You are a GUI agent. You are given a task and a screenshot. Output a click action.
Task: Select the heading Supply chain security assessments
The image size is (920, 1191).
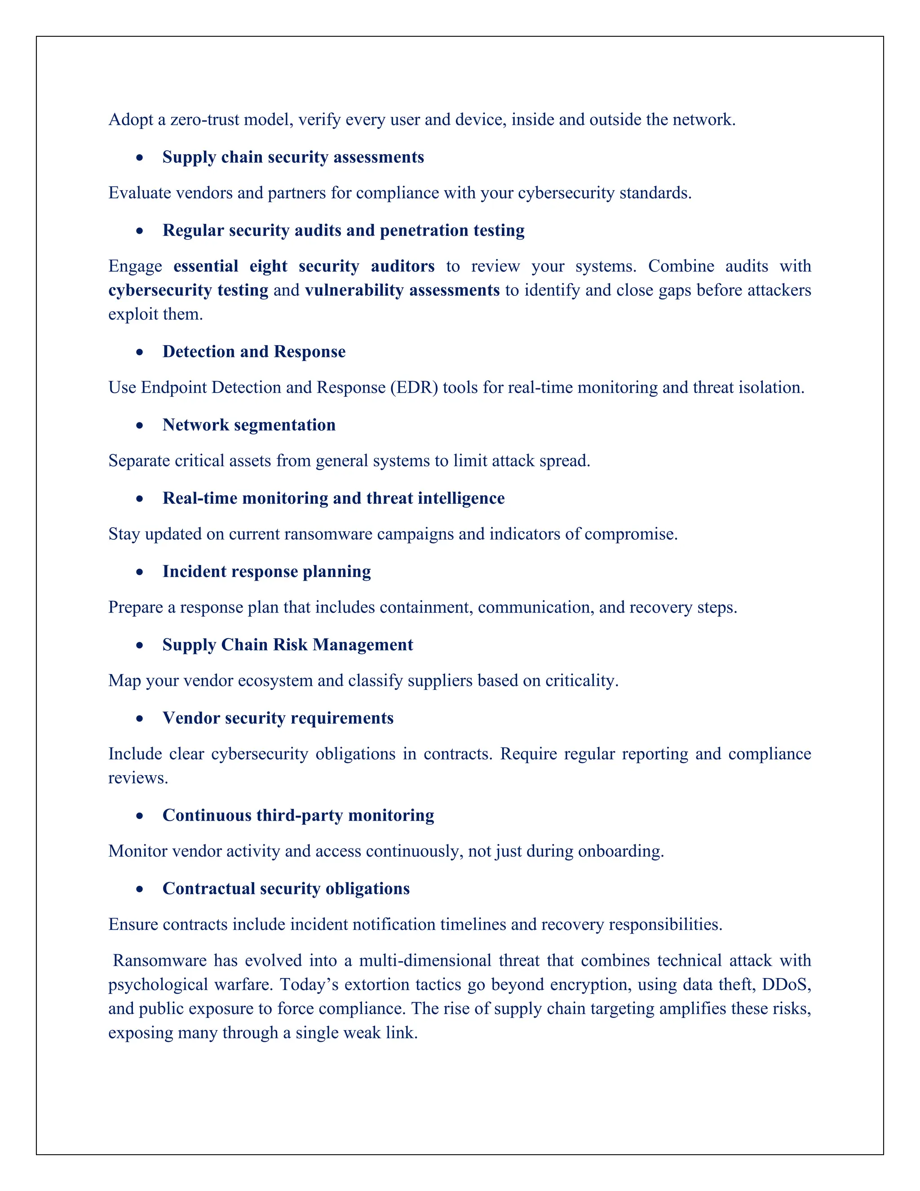[x=293, y=157]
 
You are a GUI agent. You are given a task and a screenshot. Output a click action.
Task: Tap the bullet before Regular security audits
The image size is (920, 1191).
[x=140, y=231]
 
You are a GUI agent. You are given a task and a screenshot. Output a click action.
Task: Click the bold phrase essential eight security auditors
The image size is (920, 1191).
[x=304, y=266]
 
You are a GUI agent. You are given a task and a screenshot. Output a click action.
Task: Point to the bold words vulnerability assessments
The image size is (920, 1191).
[x=402, y=290]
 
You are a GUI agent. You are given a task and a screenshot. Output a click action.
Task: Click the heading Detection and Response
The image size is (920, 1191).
[x=253, y=352]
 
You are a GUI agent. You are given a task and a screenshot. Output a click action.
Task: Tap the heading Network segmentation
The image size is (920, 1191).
[x=248, y=425]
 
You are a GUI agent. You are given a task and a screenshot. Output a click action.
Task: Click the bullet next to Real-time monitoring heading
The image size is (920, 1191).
[x=140, y=499]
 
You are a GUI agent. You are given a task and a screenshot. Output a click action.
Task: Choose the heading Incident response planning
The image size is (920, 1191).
[x=266, y=572]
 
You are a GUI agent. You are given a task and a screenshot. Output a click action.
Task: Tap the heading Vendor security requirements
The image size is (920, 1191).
[x=278, y=718]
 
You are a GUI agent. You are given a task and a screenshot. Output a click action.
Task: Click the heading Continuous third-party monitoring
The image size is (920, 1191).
[x=298, y=815]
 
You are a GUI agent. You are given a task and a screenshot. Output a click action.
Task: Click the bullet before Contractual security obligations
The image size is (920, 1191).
[x=140, y=889]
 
